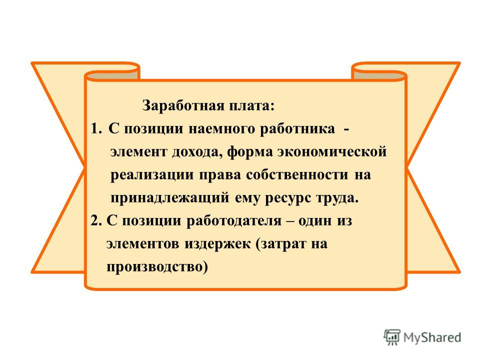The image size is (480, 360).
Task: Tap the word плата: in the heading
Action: coord(251,106)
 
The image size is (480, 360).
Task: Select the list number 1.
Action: coord(95,128)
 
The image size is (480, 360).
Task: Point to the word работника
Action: coord(297,129)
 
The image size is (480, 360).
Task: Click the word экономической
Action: coord(332,152)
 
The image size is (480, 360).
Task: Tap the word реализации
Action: coord(152,175)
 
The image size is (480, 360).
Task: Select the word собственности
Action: coord(297,175)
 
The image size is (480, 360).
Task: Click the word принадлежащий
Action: coord(170,198)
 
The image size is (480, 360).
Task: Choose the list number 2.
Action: coord(96,220)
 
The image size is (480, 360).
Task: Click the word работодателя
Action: coord(234,220)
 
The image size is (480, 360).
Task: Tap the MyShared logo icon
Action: coord(392,337)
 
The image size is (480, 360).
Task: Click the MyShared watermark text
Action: coord(432,337)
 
